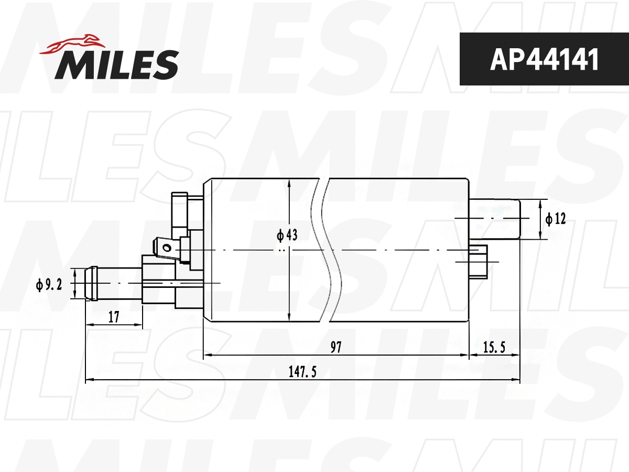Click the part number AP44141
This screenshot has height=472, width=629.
pos(544,60)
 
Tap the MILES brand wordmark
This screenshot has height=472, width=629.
pos(117,65)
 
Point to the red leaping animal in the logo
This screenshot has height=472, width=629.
pos(71,45)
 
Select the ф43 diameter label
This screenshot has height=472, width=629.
pos(287,235)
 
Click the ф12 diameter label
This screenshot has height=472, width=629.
pos(556,219)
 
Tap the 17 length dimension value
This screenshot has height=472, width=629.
pos(114,317)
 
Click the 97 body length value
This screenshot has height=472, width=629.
pos(336,347)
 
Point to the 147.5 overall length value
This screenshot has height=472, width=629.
pos(302,371)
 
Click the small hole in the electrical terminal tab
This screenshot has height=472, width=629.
pos(167,247)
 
